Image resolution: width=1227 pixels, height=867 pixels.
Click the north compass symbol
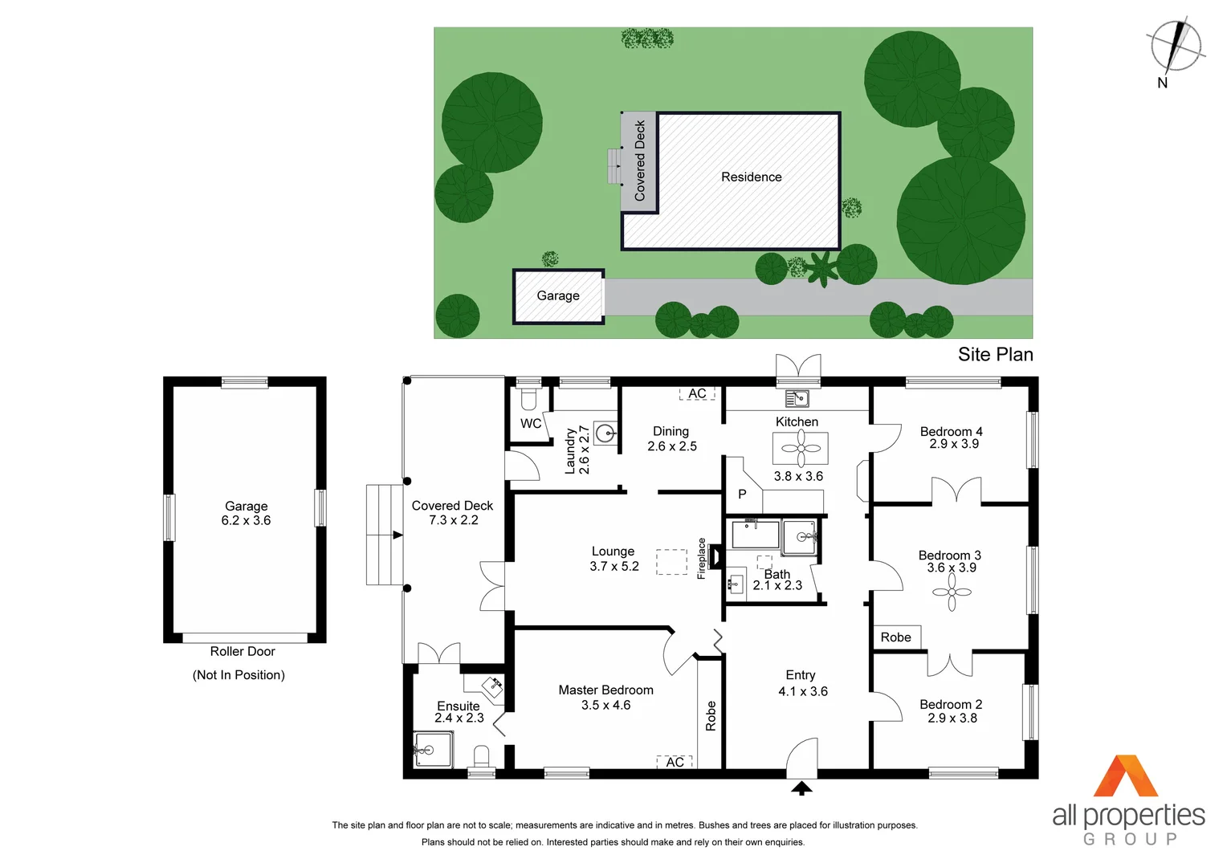[x=1176, y=46]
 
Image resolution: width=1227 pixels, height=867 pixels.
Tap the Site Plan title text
[x=995, y=355]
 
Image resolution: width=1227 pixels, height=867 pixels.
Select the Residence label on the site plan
[x=751, y=177]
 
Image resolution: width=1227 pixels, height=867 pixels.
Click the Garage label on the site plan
[x=558, y=296]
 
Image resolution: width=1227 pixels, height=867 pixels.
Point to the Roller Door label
[x=243, y=652]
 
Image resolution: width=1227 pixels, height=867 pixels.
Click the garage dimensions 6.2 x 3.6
[x=246, y=521]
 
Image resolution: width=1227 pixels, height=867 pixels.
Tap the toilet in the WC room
[x=528, y=399]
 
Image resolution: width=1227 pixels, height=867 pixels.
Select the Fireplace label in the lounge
[x=701, y=558]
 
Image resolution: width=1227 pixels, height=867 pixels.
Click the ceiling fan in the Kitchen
[x=801, y=448]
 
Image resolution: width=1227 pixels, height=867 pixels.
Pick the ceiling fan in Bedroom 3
[x=952, y=593]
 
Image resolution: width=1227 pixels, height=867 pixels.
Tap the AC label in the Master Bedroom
[x=675, y=762]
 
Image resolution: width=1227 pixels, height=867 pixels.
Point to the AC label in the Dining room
[x=697, y=394]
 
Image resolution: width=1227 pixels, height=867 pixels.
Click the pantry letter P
[x=742, y=495]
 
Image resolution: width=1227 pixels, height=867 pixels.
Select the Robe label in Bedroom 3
[x=895, y=637]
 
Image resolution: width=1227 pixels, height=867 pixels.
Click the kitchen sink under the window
[x=797, y=398]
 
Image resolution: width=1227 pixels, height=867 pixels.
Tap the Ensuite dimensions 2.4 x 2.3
[x=459, y=718]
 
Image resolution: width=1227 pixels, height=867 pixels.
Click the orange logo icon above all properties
[x=1126, y=776]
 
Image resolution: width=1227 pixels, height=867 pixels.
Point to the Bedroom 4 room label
[x=951, y=432]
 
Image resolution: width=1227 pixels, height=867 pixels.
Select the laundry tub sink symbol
[x=606, y=433]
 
